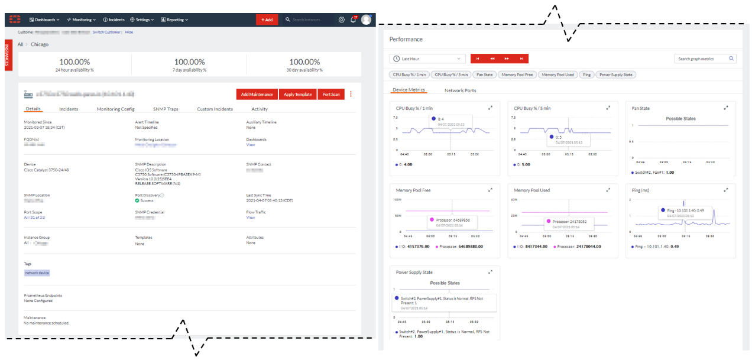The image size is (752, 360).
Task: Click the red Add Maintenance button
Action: coord(257,94)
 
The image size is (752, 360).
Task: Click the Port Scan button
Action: coord(331,94)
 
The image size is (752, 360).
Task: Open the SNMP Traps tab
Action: coord(166,109)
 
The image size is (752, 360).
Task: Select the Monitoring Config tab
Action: coord(115,109)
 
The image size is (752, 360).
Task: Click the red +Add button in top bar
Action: coord(267,20)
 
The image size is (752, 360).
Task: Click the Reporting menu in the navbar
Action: coord(174,20)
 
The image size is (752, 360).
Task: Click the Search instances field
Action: coord(307,20)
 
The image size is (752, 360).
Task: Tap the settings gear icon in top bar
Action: coord(342,20)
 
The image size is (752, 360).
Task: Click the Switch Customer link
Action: coord(107,32)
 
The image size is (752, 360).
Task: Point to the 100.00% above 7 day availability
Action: coord(189,61)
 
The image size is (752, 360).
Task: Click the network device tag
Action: coord(37,273)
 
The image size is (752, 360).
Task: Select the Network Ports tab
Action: coord(460,90)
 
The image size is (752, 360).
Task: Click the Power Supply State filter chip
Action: coord(615,74)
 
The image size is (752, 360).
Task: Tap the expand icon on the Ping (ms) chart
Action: coord(726,190)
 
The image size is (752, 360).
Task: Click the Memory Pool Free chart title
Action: coord(414,190)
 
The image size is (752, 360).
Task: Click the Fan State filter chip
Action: coord(484,74)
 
